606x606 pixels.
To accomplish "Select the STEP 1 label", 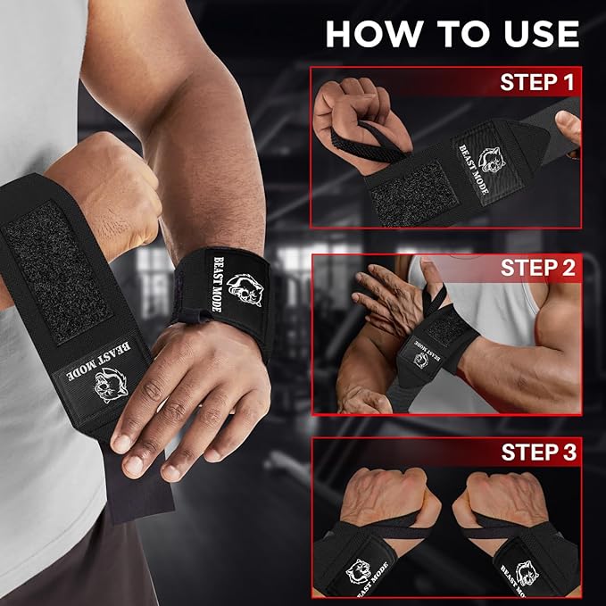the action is pos(537,82).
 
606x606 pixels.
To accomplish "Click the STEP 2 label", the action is pos(538,268).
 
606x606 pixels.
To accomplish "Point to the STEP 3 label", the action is pos(539,452).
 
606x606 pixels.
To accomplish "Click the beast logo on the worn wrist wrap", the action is pos(245,289).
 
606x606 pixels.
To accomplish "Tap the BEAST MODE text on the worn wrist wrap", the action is pos(217,284).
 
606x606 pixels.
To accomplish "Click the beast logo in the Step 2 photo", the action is pos(421,361).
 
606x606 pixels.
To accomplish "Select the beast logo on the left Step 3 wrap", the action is pos(358,571).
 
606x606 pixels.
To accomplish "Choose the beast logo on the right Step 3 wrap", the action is pos(527,573).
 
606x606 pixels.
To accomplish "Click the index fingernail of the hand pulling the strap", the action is pos(121,444).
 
